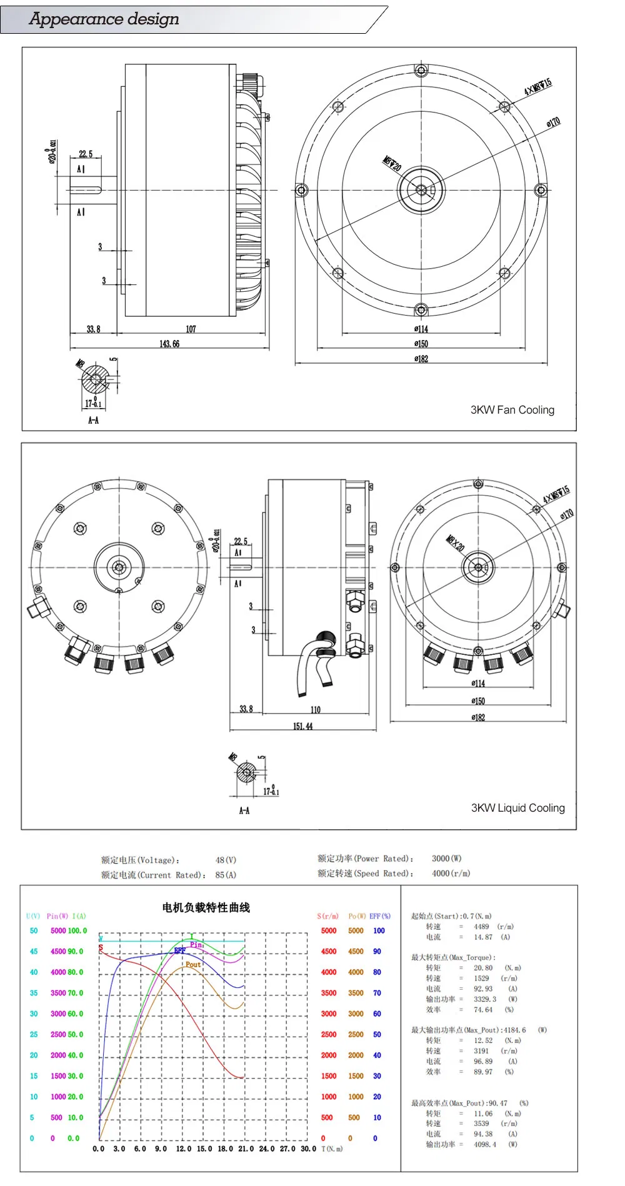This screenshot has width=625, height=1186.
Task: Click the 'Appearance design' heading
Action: tap(104, 19)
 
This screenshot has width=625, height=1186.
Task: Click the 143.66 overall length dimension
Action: tap(169, 344)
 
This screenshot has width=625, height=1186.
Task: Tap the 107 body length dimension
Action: tap(191, 329)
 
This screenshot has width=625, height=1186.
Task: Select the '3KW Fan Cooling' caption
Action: tap(512, 410)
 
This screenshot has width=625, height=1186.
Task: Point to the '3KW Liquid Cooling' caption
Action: tap(517, 808)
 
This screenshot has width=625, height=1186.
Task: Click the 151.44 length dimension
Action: tap(302, 726)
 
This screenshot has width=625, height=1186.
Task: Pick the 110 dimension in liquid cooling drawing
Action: tap(315, 710)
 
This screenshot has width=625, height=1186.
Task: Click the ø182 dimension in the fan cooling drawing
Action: tap(421, 359)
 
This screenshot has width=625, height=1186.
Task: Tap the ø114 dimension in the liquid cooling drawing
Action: tap(477, 684)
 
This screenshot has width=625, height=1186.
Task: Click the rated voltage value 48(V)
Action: tap(226, 860)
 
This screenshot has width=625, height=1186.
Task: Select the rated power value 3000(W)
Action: tap(446, 859)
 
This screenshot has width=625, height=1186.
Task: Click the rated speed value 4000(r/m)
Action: tap(451, 874)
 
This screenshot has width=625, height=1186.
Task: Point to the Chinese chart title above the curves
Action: tap(206, 907)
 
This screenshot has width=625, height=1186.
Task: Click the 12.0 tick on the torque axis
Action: tap(183, 1149)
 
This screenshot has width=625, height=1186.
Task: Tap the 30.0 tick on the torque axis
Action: tap(308, 1149)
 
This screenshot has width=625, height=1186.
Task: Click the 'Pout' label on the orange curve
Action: tap(193, 964)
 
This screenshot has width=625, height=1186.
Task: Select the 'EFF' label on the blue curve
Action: tap(179, 950)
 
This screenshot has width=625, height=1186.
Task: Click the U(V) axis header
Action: tap(33, 916)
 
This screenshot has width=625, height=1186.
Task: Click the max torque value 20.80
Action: tap(482, 968)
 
